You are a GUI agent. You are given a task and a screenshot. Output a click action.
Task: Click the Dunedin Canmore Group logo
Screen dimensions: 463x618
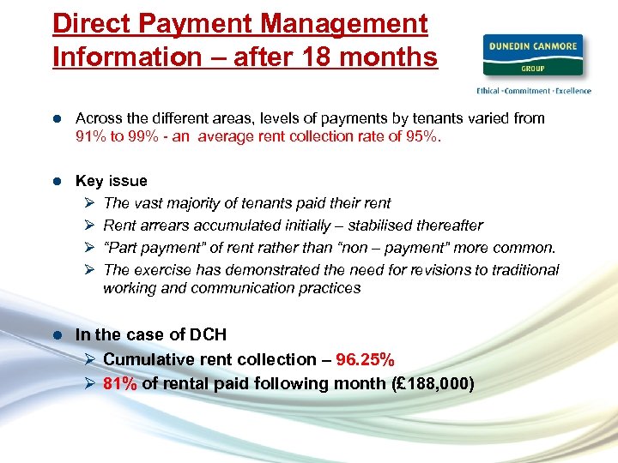coord(532,56)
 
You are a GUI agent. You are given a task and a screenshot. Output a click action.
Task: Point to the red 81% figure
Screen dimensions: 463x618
coord(120,383)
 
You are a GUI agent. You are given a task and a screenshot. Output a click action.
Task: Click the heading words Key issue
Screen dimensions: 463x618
coord(111,181)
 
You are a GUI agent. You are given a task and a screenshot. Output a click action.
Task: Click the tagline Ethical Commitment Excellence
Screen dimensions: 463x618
coord(533,90)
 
